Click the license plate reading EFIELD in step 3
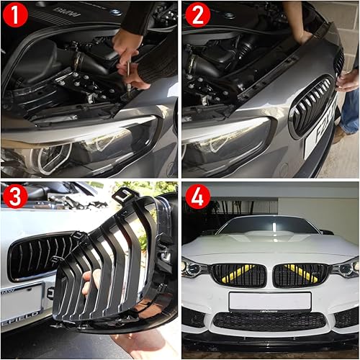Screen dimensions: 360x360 tap(22, 302)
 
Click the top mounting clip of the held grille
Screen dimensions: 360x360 tap(128, 194)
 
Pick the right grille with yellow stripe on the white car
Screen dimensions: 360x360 tap(301, 274)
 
